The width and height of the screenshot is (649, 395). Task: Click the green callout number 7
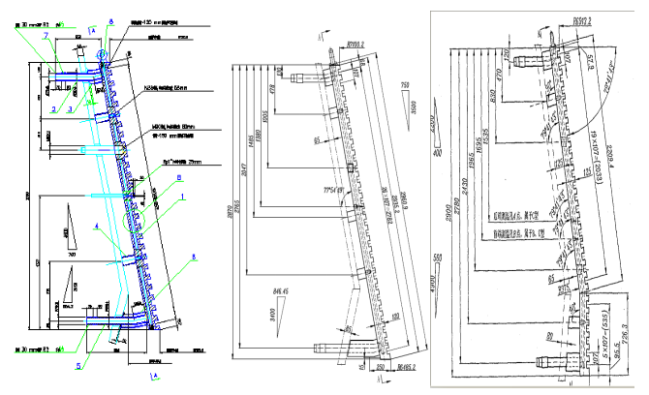pos(45,35)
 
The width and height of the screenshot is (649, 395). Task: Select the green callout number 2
pos(55,109)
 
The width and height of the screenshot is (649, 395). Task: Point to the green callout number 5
pos(79,365)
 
